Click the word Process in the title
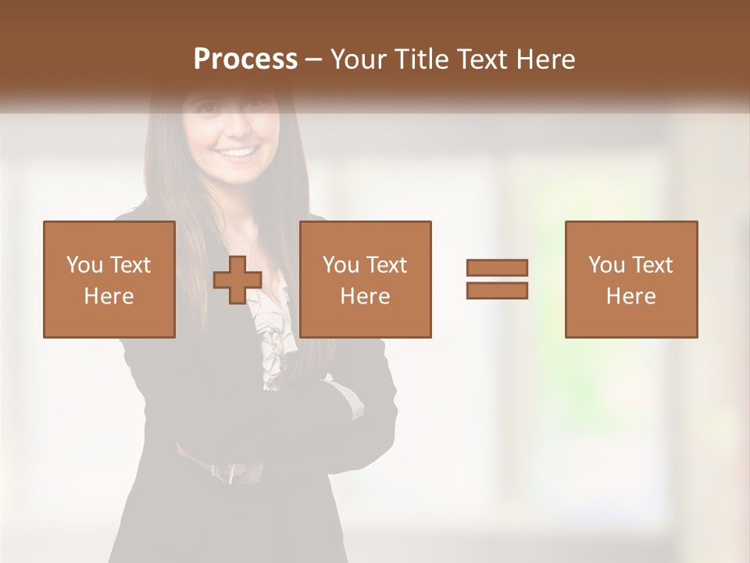(x=245, y=59)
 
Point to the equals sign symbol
(x=497, y=279)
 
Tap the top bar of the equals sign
(x=497, y=268)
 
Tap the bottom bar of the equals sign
(x=497, y=291)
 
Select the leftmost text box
(x=109, y=279)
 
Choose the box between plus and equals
(x=365, y=279)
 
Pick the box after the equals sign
(x=630, y=279)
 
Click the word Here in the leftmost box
(x=109, y=296)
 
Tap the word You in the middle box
(x=341, y=265)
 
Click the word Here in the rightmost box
(x=630, y=296)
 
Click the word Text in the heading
(x=482, y=59)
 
